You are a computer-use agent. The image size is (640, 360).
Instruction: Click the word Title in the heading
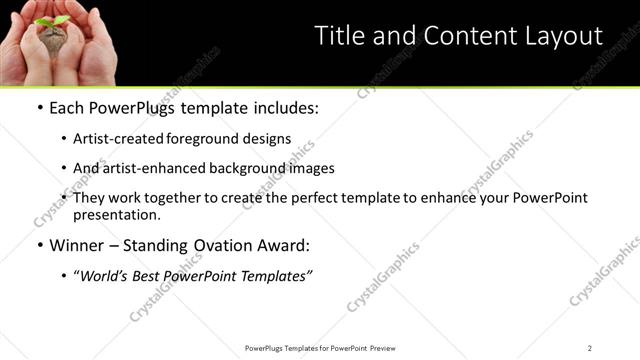pyautogui.click(x=339, y=36)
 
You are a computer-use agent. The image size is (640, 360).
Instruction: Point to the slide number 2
pyautogui.click(x=590, y=348)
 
